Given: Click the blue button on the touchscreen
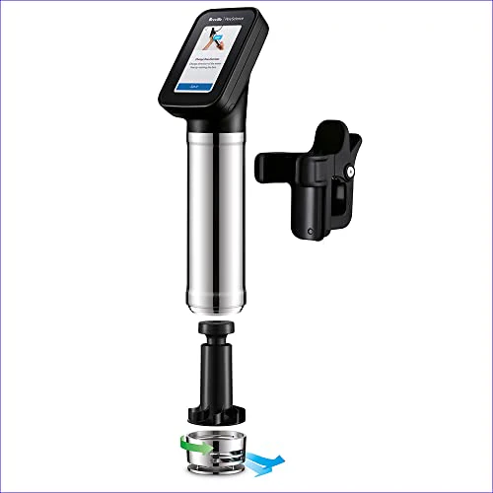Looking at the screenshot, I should click(x=202, y=88).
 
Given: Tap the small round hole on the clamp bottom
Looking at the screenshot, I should click(x=311, y=233).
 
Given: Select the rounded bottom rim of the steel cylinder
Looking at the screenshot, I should click(x=213, y=302).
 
